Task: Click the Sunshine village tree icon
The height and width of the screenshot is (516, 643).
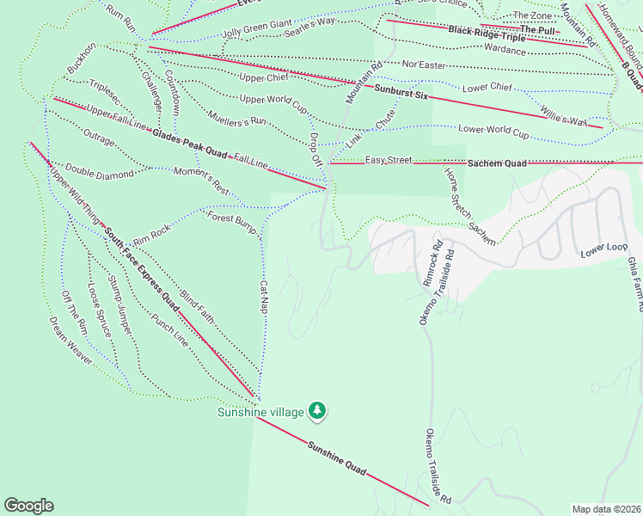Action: pyautogui.click(x=318, y=411)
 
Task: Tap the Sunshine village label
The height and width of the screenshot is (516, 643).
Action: pyautogui.click(x=260, y=412)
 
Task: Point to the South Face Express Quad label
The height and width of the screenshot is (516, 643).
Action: pyautogui.click(x=141, y=267)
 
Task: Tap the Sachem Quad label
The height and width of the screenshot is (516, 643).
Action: pyautogui.click(x=497, y=163)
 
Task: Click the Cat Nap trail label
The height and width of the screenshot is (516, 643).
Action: pyautogui.click(x=264, y=295)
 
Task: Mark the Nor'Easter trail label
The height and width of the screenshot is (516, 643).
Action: pyautogui.click(x=423, y=64)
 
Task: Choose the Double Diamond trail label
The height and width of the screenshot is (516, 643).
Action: pyautogui.click(x=100, y=174)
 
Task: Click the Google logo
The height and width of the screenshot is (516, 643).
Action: pyautogui.click(x=28, y=506)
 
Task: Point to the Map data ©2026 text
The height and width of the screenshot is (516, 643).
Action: pyautogui.click(x=605, y=509)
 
